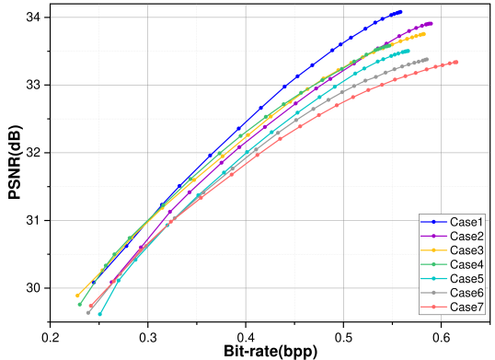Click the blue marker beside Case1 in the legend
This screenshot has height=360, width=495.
433,223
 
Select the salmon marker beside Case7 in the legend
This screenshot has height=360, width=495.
433,306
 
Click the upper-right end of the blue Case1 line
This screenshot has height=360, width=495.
400,12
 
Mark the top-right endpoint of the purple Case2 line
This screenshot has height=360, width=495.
431,23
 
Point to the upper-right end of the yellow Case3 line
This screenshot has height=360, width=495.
423,34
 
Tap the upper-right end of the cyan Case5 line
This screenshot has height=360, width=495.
409,52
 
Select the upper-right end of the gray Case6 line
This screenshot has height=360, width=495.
427,60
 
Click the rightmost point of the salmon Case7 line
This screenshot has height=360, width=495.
456,62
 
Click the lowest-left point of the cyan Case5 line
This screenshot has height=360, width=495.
99,315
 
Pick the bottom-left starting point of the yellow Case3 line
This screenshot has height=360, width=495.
78,296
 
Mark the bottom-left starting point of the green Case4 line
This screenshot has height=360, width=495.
80,304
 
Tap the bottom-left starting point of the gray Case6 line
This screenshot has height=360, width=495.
88,312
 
